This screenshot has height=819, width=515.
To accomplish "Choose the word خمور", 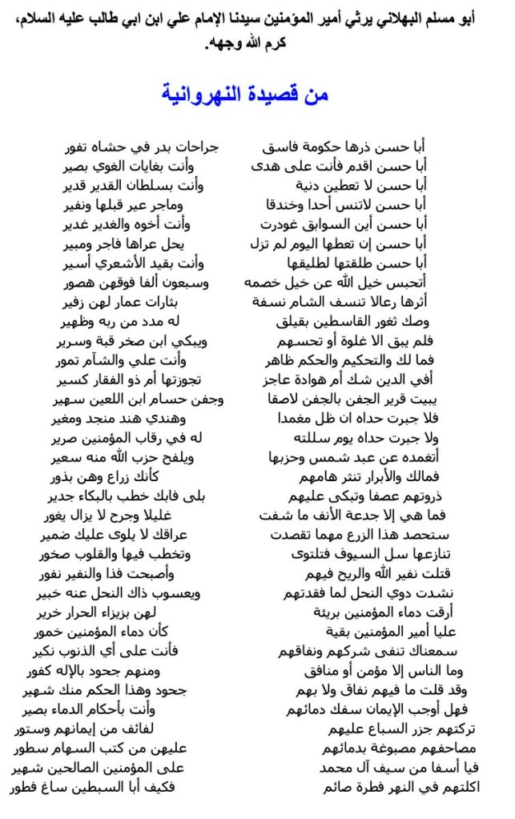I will click(55, 630).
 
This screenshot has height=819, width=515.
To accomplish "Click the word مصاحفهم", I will click(445, 749).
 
